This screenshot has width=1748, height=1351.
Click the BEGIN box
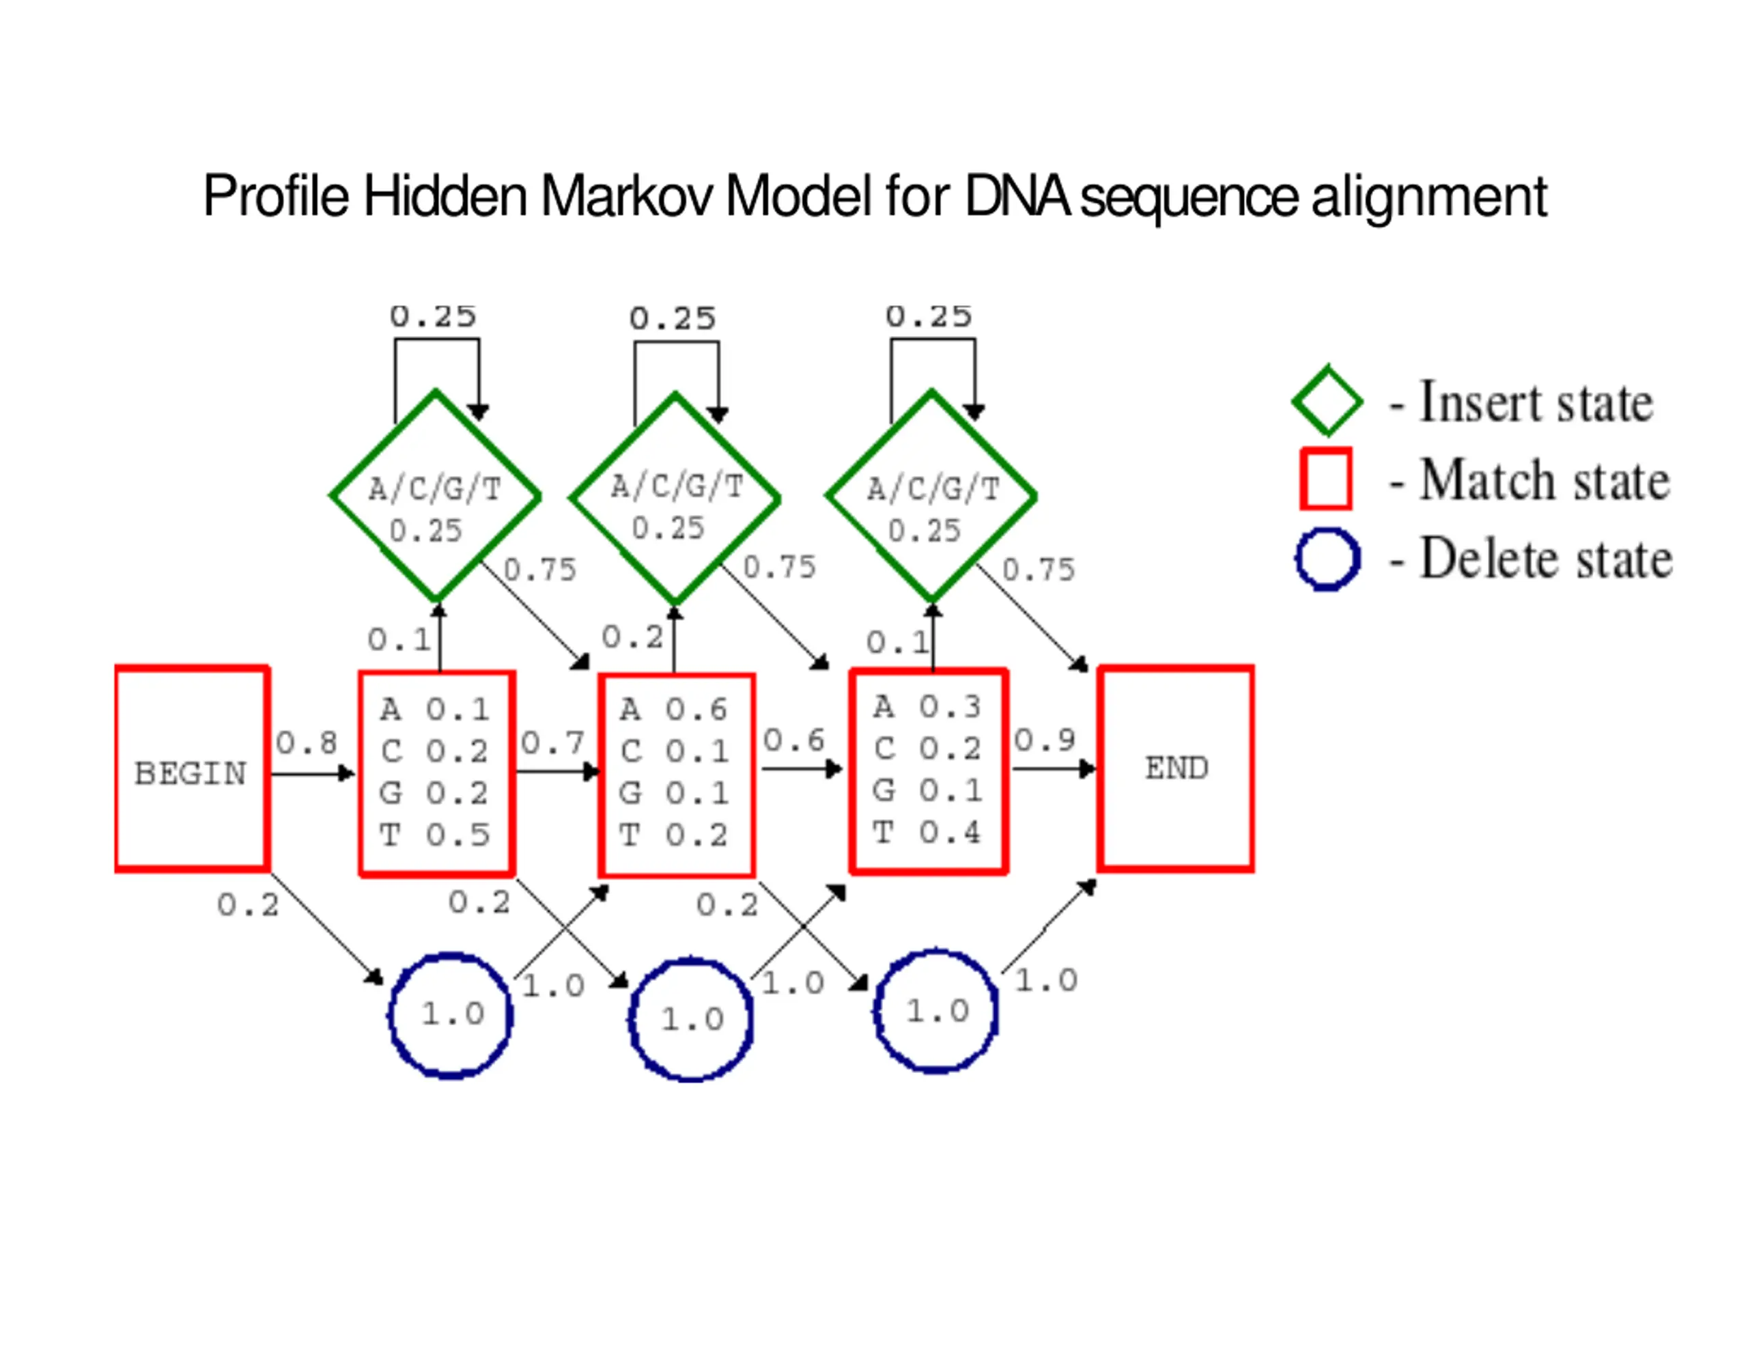point(191,769)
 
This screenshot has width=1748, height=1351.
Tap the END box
point(1176,769)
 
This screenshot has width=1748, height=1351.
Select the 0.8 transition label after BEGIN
point(307,743)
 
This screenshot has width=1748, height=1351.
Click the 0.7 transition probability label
point(552,743)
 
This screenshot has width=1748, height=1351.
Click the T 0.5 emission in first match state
point(434,835)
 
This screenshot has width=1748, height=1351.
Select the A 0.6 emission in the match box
point(674,710)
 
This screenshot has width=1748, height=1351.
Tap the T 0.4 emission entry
point(927,833)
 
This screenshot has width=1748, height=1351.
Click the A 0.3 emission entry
point(927,707)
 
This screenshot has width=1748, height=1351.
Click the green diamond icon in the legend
point(1327,401)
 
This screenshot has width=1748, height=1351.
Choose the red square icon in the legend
point(1326,479)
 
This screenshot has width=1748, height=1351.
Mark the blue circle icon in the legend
point(1327,559)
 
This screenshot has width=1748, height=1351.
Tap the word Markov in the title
point(626,196)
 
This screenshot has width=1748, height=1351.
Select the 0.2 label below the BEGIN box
point(248,906)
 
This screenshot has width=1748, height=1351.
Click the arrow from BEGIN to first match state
point(312,774)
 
